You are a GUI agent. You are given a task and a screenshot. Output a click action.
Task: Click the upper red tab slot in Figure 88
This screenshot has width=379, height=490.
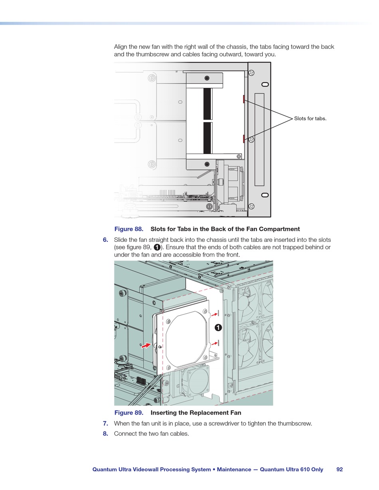pos(243,99)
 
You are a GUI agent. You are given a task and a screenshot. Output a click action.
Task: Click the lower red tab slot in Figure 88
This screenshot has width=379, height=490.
pos(243,138)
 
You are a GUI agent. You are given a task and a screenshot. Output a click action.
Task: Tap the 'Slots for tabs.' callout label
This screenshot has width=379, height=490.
pos(310,119)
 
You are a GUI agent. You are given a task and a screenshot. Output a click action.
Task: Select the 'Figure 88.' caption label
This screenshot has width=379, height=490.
pos(129,229)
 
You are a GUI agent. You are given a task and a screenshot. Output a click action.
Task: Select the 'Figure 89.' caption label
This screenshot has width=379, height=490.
pos(129,413)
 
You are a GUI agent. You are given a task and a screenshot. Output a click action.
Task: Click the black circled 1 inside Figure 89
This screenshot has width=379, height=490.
pos(218,328)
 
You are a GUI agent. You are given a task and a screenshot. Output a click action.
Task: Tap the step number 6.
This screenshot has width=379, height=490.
pos(105,240)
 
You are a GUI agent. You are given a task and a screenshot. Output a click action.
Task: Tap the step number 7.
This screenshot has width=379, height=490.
pos(105,423)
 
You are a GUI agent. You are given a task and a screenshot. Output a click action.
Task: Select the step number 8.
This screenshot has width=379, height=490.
pos(105,433)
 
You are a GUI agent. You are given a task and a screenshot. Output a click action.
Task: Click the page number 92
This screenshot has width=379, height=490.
pos(340,469)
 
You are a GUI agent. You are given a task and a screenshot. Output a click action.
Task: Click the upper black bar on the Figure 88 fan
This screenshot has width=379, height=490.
pos(207,104)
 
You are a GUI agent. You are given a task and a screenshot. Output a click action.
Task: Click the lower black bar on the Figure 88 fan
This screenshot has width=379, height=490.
pos(207,138)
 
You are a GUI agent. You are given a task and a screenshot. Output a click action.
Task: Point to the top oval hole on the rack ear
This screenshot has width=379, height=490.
pos(265,84)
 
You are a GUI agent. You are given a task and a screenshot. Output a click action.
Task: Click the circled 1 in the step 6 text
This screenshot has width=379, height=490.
pos(157,247)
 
